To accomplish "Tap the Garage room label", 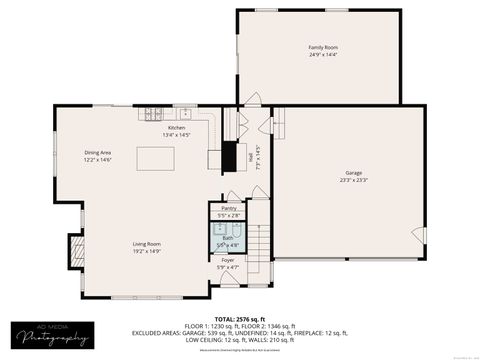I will tap(347, 173).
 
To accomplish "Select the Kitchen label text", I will tap(177, 128).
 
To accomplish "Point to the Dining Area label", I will tap(98, 152).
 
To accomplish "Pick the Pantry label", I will tap(229, 208).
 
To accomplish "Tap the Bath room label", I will tap(229, 237).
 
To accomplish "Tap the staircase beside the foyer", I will tap(258, 244).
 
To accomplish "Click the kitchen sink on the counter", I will tap(186, 113).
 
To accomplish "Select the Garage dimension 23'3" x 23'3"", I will tap(347, 180).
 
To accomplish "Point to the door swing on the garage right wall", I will tap(419, 236).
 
